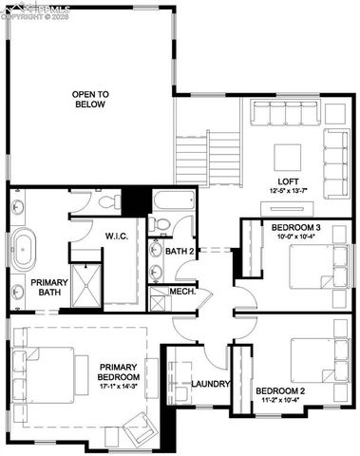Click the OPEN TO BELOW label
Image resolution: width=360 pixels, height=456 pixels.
coord(91,100)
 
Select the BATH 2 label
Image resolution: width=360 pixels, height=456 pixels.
coord(179,252)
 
